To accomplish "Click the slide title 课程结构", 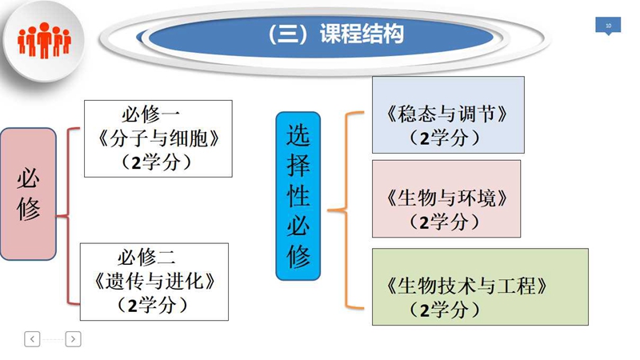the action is coord(362,34).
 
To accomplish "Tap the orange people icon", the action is coord(44,40).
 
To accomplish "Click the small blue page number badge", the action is coord(608,26).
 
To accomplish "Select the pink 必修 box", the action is coord(28,194).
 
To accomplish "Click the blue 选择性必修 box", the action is coord(298,196).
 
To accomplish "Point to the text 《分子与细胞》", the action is coord(158,138).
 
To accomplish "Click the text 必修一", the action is coord(150,114).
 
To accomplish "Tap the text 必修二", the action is coord(146,257).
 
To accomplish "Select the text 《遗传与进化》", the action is coord(154,282).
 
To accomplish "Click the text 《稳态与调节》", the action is coord(447,114).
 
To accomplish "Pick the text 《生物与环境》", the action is coord(447,198).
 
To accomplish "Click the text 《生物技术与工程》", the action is coord(467,286).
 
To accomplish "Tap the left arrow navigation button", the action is coord(32,338).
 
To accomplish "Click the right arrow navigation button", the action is coord(73,338).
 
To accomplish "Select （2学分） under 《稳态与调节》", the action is coord(445,138).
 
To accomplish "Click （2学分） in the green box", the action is coord(445,310).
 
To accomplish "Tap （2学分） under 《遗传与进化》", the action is coord(153,306).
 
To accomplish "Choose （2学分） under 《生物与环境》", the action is coord(445,222).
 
